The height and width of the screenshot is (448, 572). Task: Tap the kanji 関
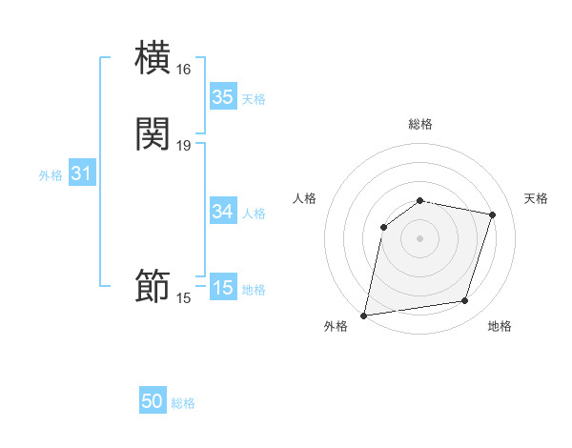pyautogui.click(x=153, y=133)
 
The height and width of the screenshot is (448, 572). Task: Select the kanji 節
pyautogui.click(x=153, y=287)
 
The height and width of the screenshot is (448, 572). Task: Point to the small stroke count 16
pyautogui.click(x=184, y=70)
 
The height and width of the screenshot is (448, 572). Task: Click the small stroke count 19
pyautogui.click(x=184, y=146)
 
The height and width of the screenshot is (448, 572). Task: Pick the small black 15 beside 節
pyautogui.click(x=184, y=298)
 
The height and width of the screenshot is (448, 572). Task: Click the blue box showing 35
pyautogui.click(x=222, y=97)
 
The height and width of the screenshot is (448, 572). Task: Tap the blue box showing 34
pyautogui.click(x=222, y=212)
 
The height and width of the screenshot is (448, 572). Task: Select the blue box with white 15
pyautogui.click(x=222, y=288)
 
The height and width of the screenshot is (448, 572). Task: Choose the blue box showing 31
pyautogui.click(x=81, y=173)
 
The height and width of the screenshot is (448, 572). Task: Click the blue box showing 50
pyautogui.click(x=153, y=401)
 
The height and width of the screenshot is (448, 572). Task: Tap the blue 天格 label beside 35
pyautogui.click(x=254, y=99)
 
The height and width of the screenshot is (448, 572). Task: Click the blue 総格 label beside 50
pyautogui.click(x=183, y=403)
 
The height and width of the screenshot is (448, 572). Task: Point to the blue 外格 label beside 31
pyautogui.click(x=51, y=175)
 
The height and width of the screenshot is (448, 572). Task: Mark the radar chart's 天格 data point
pyautogui.click(x=493, y=214)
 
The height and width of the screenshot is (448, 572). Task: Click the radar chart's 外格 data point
pyautogui.click(x=364, y=315)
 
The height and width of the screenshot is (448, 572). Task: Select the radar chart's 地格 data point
pyautogui.click(x=465, y=301)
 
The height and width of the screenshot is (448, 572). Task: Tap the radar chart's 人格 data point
pyautogui.click(x=384, y=227)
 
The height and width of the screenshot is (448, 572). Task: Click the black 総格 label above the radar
pyautogui.click(x=420, y=124)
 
